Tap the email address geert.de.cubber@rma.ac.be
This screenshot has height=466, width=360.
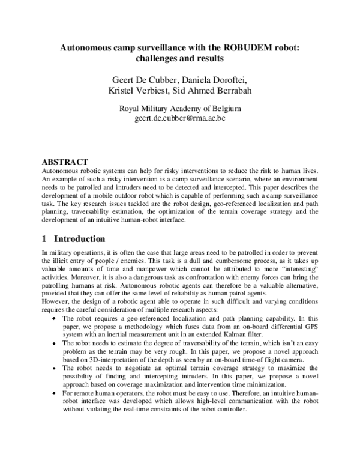point(180,119)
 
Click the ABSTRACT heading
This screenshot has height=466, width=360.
point(64,162)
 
